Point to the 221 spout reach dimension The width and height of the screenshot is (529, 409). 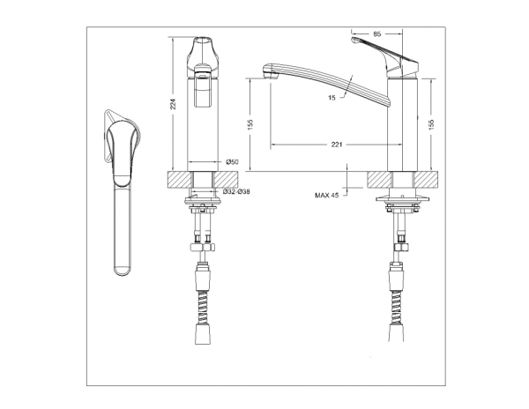[337, 145]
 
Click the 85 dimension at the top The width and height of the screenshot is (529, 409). [377, 34]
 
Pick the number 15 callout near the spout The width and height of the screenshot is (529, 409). [331, 99]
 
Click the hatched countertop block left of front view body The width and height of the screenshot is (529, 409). [179, 178]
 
